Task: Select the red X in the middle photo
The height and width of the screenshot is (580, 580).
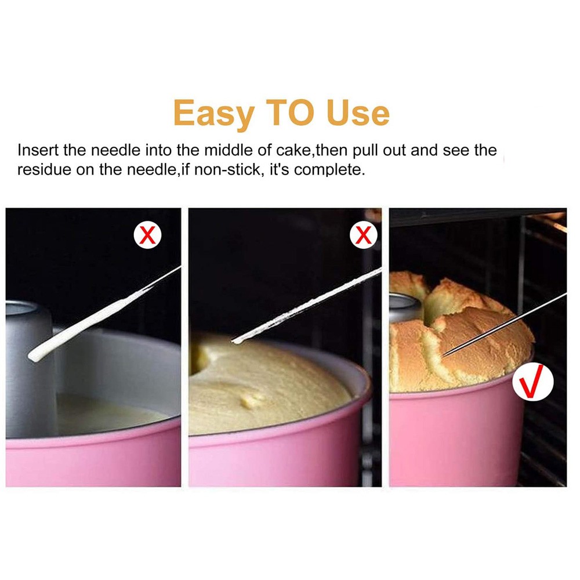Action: (x=363, y=235)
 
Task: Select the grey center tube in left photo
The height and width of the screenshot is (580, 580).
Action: (x=29, y=371)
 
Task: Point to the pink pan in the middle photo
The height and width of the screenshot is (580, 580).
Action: (x=278, y=458)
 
